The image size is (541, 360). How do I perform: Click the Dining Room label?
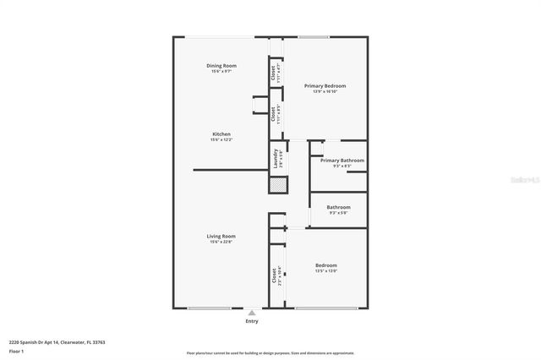[x=221, y=66]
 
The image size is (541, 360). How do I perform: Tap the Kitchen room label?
[x=221, y=134]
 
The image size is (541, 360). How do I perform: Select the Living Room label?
[x=221, y=236]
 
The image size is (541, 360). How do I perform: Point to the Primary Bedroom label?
[x=325, y=86]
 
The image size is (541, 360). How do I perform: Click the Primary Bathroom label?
[x=342, y=161]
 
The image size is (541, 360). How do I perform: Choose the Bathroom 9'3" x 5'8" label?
[x=338, y=207]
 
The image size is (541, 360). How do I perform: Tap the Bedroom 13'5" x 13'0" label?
[x=326, y=265]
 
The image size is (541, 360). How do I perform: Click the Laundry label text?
[x=276, y=158]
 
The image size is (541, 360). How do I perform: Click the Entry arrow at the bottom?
[x=252, y=312]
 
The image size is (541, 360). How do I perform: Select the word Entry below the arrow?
[x=252, y=321]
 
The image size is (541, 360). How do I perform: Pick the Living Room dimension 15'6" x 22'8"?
[x=221, y=242]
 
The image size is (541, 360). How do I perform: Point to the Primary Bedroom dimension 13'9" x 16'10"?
[x=325, y=92]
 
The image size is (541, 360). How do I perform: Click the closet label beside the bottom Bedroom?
[x=276, y=277]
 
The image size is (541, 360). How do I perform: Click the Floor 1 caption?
[x=16, y=350]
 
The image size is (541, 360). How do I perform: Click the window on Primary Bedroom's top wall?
[x=314, y=37]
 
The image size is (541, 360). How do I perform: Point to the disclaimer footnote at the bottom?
[x=270, y=353]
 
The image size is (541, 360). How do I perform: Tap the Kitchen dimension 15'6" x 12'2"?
[x=221, y=140]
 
